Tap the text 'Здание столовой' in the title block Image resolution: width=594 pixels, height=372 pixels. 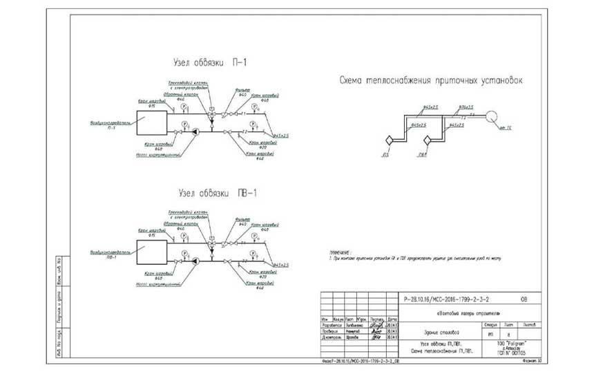point(429,332)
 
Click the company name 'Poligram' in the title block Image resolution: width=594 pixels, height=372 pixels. point(507,342)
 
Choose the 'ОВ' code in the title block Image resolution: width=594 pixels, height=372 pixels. point(524,300)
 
